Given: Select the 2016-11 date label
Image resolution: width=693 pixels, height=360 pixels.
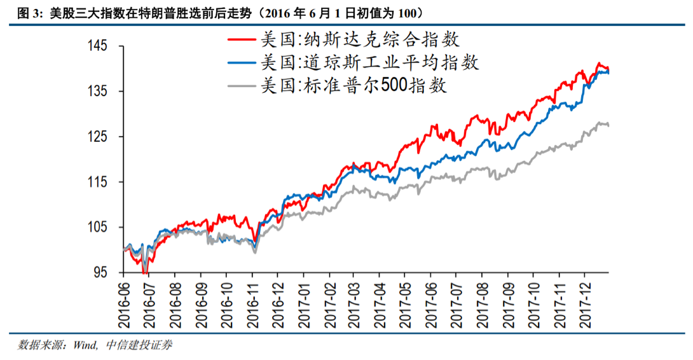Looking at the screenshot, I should [252, 298].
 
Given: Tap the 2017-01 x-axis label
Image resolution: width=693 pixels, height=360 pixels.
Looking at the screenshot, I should [303, 298].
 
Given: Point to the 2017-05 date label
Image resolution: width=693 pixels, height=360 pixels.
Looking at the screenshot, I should [406, 298].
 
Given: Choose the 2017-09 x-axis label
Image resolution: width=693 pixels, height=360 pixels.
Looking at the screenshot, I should [508, 298].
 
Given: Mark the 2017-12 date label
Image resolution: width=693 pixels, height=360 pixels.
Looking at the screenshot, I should [585, 298].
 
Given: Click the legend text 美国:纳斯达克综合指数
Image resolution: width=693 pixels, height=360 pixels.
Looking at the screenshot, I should [360, 39].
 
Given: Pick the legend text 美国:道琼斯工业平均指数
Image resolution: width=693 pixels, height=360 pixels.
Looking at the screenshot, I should [369, 62].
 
